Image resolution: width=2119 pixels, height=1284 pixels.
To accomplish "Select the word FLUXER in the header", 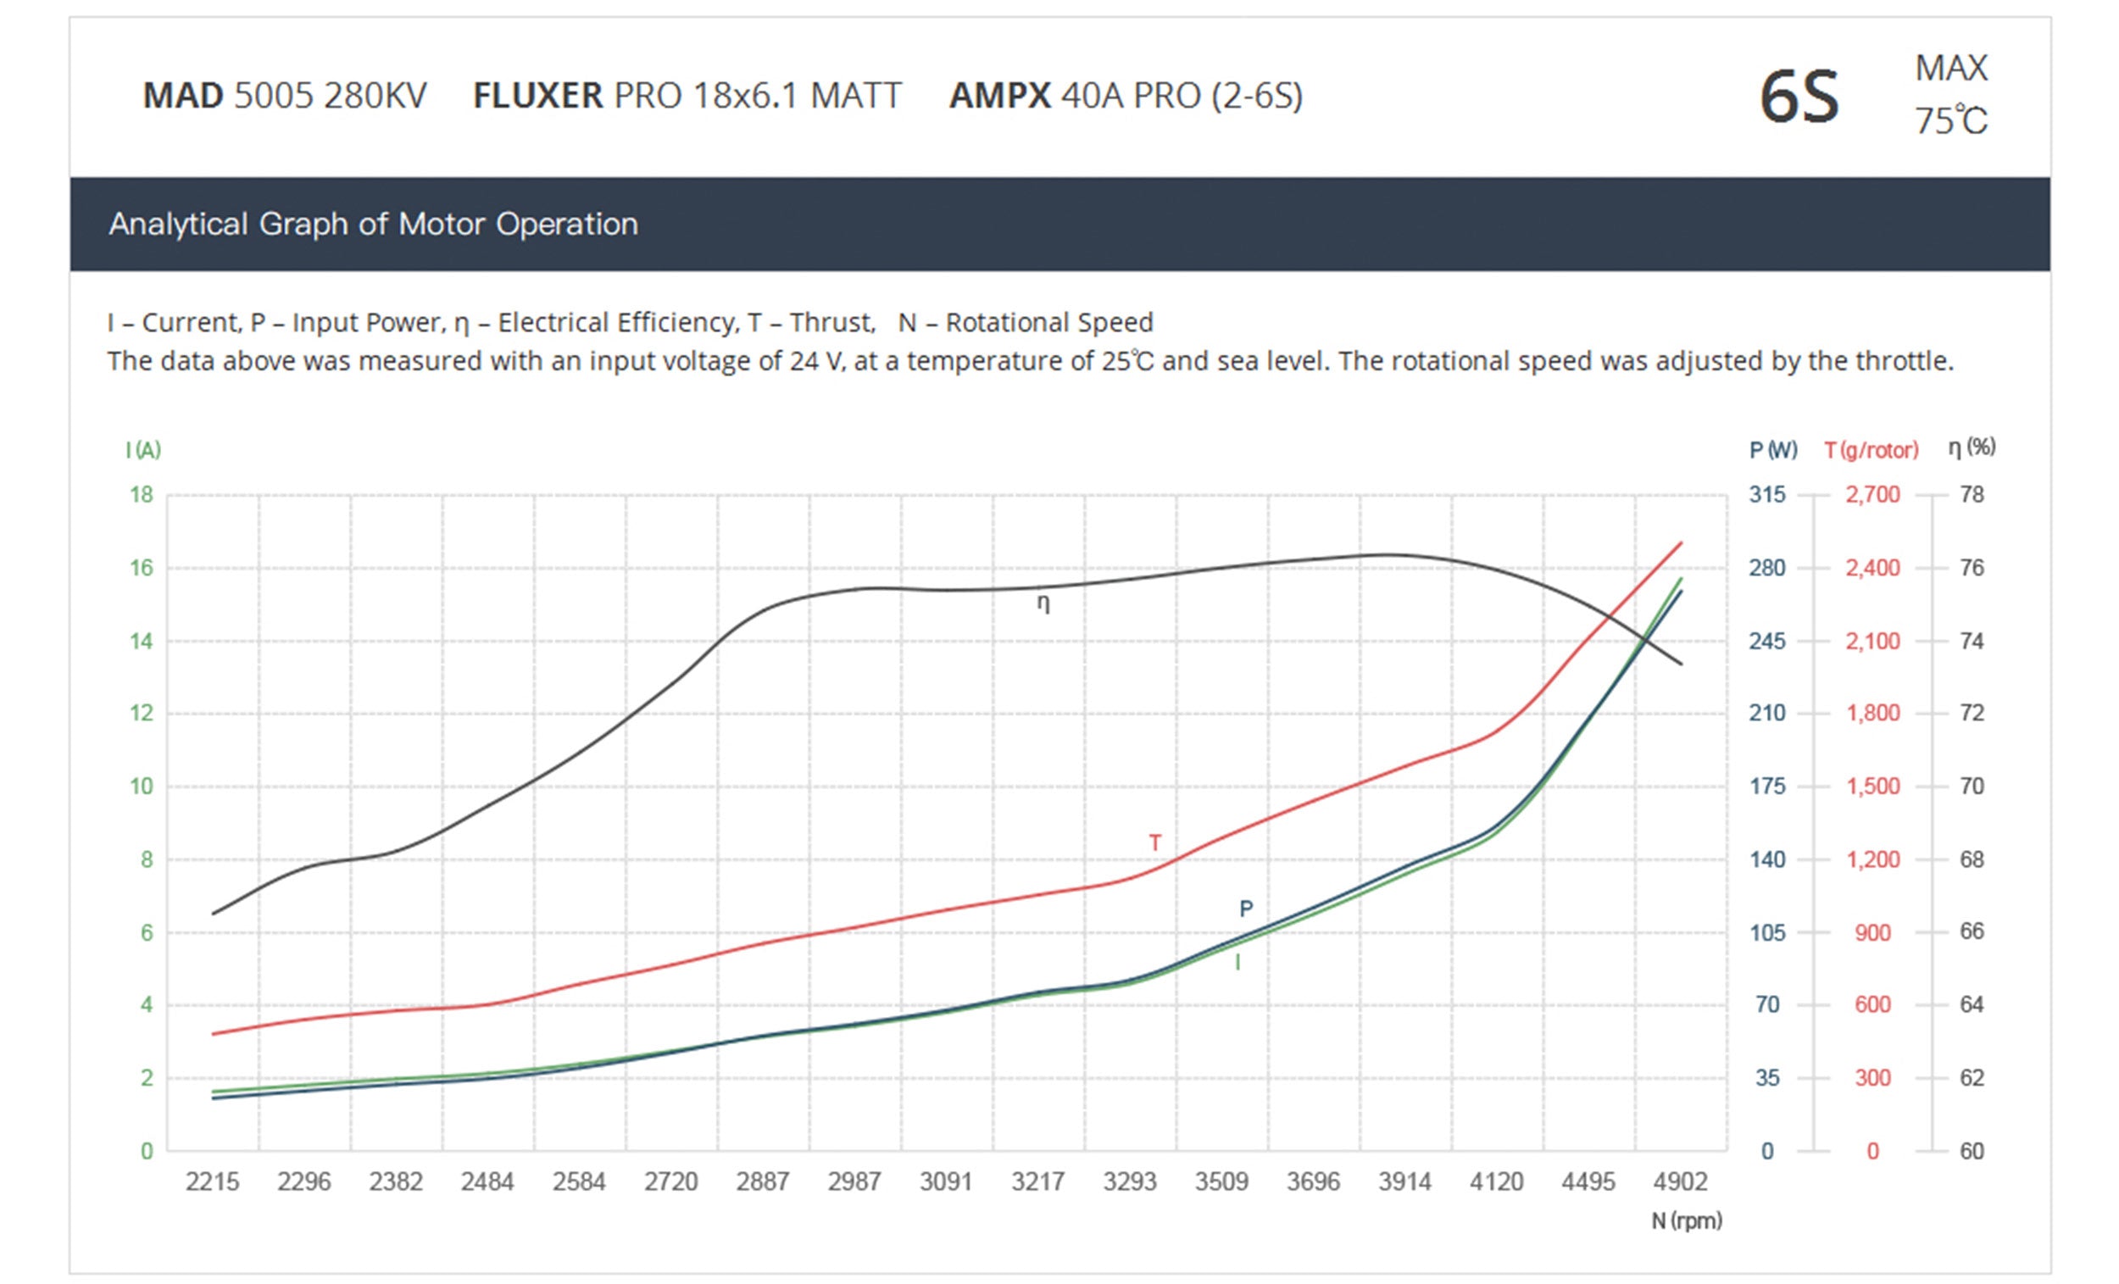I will [x=537, y=96].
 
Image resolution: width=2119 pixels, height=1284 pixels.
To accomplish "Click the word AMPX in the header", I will [x=999, y=96].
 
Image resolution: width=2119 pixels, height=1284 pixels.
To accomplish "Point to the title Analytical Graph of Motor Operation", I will [x=373, y=225].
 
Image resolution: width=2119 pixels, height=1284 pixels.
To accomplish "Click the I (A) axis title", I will [x=143, y=450].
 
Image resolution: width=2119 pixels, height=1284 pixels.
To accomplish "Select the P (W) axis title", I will [x=1772, y=450].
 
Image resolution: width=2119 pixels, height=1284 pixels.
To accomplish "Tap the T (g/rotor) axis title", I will [x=1872, y=450].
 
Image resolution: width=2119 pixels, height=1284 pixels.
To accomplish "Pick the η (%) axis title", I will [x=1971, y=447].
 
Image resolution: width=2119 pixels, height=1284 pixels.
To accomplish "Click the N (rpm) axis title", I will [x=1686, y=1220].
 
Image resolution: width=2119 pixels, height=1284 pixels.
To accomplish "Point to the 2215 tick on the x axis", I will [x=213, y=1181].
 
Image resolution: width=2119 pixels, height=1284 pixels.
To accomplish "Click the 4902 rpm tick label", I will [x=1680, y=1181].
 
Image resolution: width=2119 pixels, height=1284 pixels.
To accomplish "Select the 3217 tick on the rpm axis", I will [x=1038, y=1181].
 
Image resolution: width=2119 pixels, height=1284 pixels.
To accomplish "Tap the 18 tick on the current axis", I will [x=142, y=494].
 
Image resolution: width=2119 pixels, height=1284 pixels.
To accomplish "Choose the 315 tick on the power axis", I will [x=1766, y=494].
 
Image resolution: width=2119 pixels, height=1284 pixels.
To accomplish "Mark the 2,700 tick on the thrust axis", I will [x=1872, y=494].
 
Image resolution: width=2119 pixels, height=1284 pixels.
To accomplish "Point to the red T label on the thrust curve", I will [x=1155, y=842].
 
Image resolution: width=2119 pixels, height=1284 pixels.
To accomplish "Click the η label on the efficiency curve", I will [x=1043, y=603].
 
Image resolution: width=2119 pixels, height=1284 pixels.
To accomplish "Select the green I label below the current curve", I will [x=1237, y=962].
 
